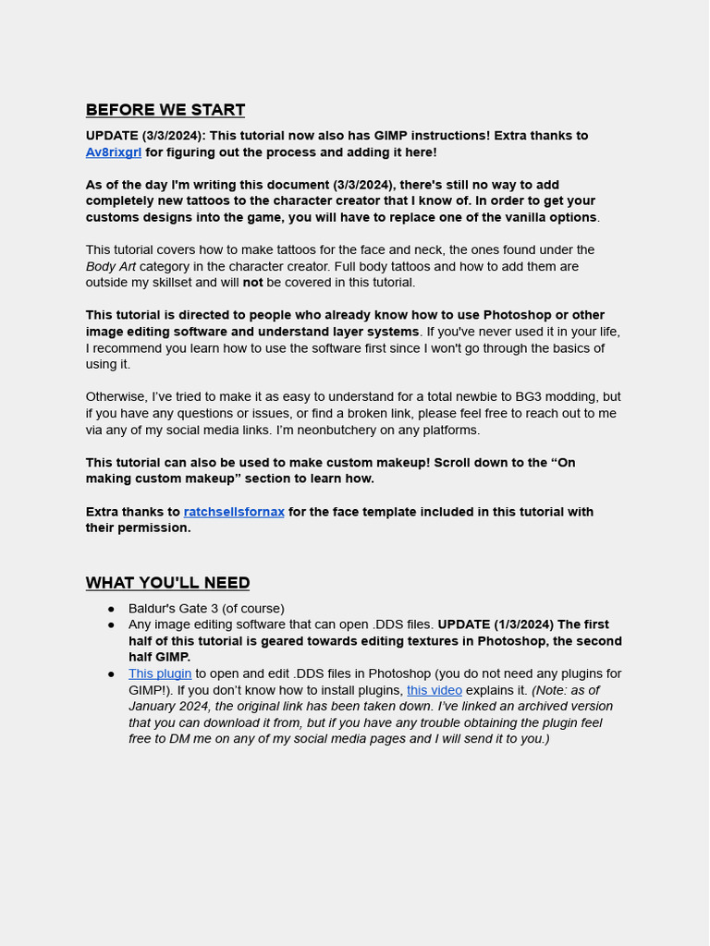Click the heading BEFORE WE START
pyautogui.click(x=165, y=110)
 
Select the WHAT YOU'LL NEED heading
pyautogui.click(x=167, y=583)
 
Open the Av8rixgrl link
pyautogui.click(x=114, y=152)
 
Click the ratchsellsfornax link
pyautogui.click(x=234, y=512)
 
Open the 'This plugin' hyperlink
pyautogui.click(x=160, y=674)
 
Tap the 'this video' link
pyautogui.click(x=435, y=690)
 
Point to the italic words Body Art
pyautogui.click(x=111, y=267)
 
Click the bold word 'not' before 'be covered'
pyautogui.click(x=252, y=283)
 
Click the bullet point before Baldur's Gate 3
pyautogui.click(x=111, y=609)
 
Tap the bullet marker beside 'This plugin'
pyautogui.click(x=111, y=674)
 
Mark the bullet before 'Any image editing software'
pyautogui.click(x=111, y=625)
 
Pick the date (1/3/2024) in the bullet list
pyautogui.click(x=524, y=625)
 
